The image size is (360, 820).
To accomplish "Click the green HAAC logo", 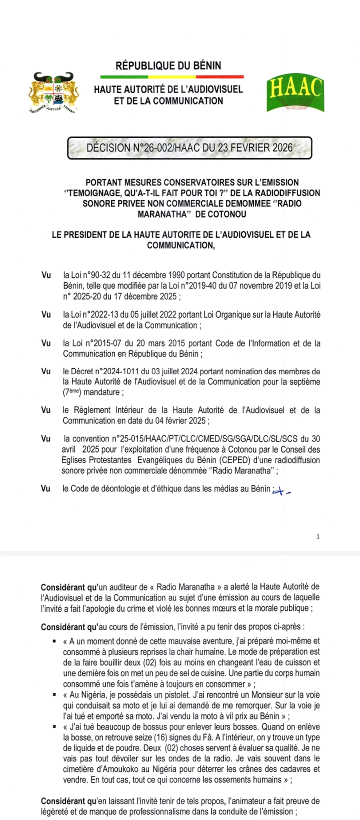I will (x=294, y=93).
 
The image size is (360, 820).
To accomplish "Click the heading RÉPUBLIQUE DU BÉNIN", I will (x=168, y=65).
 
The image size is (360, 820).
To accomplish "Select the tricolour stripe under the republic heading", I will (x=171, y=77).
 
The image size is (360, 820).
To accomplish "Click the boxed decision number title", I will (x=189, y=148).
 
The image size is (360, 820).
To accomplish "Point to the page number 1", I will (x=318, y=536).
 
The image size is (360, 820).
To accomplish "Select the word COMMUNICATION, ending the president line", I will (x=180, y=245).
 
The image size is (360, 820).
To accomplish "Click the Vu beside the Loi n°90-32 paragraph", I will (x=46, y=275).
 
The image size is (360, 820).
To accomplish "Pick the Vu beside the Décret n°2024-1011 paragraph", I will (x=46, y=371).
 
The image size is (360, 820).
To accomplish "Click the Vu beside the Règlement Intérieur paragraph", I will (x=46, y=410).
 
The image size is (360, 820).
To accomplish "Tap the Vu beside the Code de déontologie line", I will (x=46, y=488).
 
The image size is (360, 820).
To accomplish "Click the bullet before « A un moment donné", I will (x=52, y=641).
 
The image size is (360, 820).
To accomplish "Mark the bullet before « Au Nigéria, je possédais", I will (x=52, y=695).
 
